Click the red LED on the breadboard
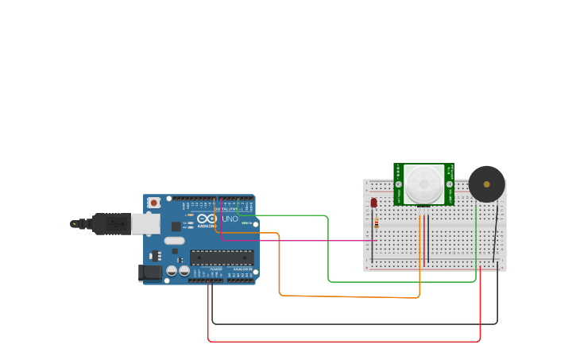pyautogui.click(x=373, y=203)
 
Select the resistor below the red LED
pyautogui.click(x=376, y=224)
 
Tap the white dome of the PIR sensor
pyautogui.click(x=423, y=184)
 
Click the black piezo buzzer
pyautogui.click(x=486, y=184)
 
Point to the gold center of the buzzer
pyautogui.click(x=486, y=184)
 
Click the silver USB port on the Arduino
pyautogui.click(x=145, y=224)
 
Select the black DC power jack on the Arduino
pyautogui.click(x=149, y=273)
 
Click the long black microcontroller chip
pyautogui.click(x=222, y=257)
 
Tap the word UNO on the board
pyautogui.click(x=230, y=219)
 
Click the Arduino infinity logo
pyautogui.click(x=207, y=219)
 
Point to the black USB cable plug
pyautogui.click(x=111, y=224)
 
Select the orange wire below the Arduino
pyautogui.click(x=350, y=296)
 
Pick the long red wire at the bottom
pyautogui.click(x=342, y=342)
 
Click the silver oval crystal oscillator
pyautogui.click(x=175, y=241)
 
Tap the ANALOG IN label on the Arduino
pyautogui.click(x=240, y=269)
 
